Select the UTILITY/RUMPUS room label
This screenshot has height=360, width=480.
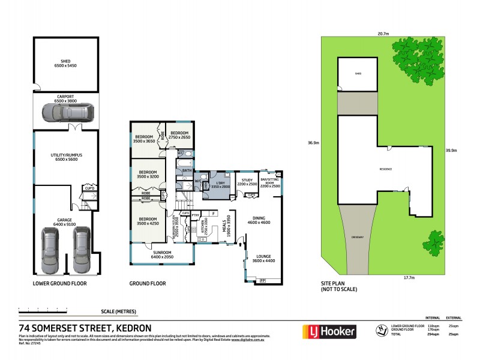coord(65,157)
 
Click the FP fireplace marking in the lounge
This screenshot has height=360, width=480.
coord(262,280)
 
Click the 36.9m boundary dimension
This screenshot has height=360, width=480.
coord(313,143)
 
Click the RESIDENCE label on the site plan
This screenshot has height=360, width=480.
coord(385,169)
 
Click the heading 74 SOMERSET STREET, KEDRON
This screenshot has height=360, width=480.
coord(85,328)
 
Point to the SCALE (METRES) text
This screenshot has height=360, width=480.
coord(119,311)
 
